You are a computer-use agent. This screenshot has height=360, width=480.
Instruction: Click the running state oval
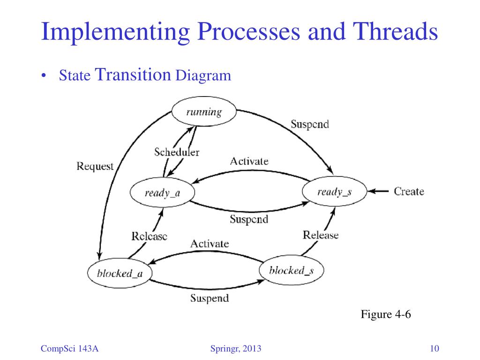pos(203,112)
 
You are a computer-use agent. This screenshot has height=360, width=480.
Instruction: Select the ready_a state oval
pos(162,193)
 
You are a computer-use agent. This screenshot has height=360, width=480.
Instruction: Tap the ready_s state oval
pos(334,191)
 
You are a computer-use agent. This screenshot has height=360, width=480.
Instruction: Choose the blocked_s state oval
pos(291,270)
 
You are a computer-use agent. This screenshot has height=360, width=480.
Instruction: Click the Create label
pos(409,191)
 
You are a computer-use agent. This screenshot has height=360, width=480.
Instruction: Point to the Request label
pos(95,166)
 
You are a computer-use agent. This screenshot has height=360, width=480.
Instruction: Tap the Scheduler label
pos(177,152)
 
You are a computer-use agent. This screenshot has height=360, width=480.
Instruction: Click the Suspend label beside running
pos(309,124)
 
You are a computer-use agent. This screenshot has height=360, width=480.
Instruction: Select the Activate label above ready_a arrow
pos(249,161)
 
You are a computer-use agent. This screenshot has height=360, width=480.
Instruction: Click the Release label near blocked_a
pos(149,236)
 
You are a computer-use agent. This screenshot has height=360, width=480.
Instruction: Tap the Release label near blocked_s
pos(321,235)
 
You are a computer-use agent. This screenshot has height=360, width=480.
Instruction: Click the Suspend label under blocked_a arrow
pos(209,298)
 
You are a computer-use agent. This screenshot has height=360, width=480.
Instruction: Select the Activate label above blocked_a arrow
pos(210,244)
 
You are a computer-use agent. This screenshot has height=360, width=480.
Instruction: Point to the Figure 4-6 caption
pos(385,314)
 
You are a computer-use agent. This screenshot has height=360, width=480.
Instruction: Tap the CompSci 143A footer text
pos(72,348)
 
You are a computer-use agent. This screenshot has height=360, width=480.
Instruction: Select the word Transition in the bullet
pos(132,74)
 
